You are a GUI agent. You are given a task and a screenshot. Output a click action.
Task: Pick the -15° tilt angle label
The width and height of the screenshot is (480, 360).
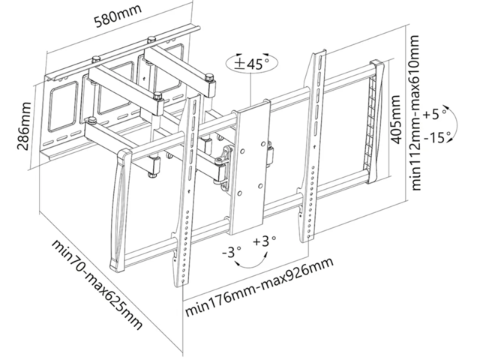[x=436, y=137]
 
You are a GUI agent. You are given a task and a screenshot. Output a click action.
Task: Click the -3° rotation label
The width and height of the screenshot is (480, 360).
[x=232, y=253]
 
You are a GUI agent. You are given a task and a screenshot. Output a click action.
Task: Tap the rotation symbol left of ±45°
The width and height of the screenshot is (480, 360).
[x=236, y=64]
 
